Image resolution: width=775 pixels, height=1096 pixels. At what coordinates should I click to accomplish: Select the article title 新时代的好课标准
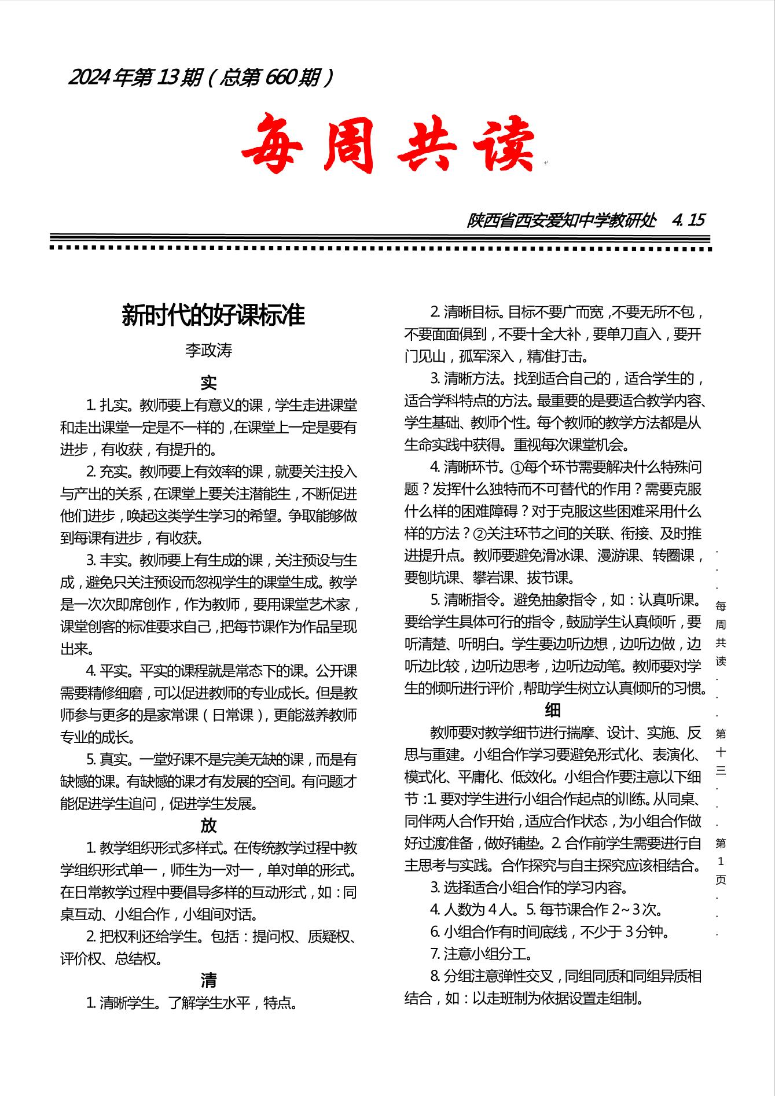point(212,316)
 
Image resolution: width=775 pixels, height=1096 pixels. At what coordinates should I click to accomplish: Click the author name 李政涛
point(208,351)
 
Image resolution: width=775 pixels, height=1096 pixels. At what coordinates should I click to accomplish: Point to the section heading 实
point(208,383)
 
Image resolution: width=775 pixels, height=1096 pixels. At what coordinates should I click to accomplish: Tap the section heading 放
point(208,825)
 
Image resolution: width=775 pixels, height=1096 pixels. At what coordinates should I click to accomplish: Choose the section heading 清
point(208,980)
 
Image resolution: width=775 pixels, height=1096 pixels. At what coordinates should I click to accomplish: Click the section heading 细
point(552,710)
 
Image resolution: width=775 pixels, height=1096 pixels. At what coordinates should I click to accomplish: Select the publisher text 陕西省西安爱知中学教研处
point(561,220)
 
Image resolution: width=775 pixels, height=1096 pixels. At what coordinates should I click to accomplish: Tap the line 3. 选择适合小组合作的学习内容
point(529,887)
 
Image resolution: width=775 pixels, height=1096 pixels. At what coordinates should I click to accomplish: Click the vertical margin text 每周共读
point(721,634)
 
